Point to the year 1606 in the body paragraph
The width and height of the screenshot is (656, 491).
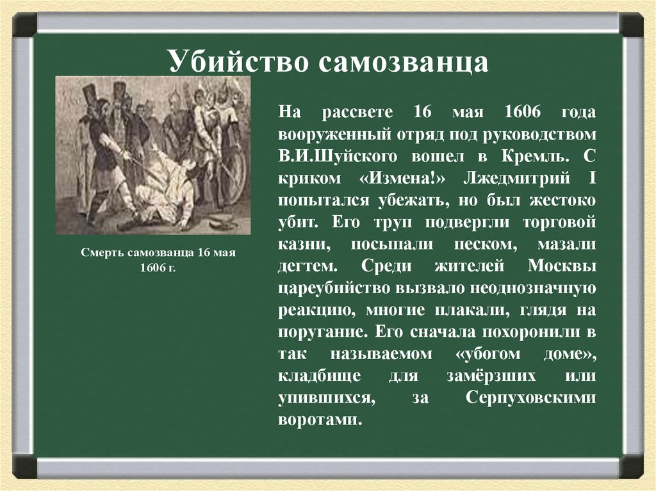522,112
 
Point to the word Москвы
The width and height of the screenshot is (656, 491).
563,266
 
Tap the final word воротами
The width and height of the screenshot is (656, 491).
318,421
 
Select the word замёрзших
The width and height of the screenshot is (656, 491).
465,376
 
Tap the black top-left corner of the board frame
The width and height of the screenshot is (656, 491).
24,26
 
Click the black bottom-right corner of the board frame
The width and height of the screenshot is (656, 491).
631,466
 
